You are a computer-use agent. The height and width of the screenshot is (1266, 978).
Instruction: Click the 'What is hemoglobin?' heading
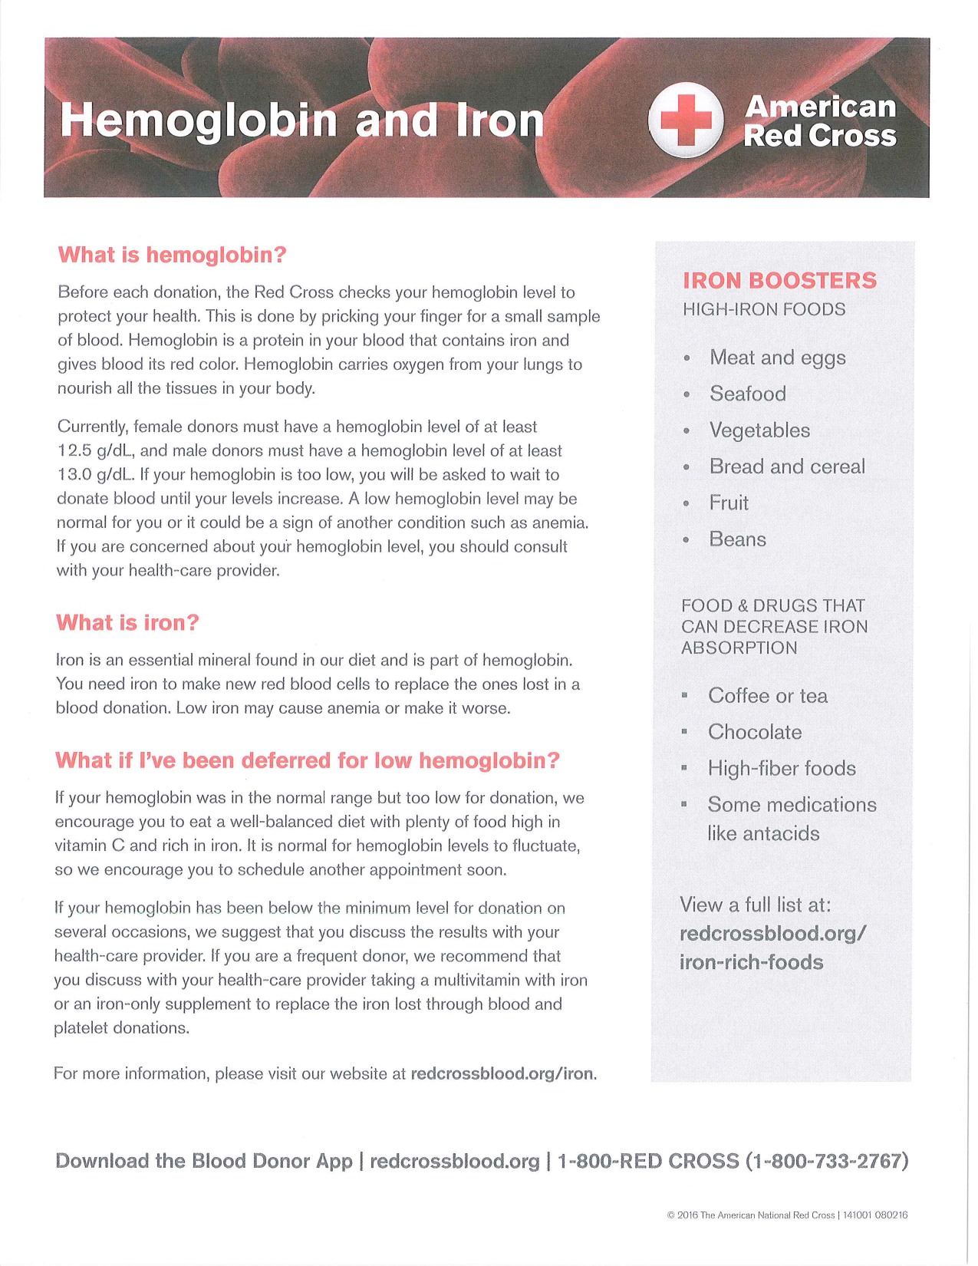tap(172, 255)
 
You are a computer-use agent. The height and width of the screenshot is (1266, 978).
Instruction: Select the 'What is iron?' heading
tap(127, 622)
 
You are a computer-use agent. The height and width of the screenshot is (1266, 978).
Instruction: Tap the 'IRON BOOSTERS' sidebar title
tap(779, 281)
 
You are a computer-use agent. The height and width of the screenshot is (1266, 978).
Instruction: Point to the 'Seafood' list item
tap(748, 394)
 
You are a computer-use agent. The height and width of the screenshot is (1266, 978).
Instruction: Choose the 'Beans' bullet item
tap(737, 539)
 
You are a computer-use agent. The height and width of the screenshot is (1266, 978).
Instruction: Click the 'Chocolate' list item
tap(755, 732)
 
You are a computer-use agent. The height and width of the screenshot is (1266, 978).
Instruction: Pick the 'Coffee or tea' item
tap(768, 696)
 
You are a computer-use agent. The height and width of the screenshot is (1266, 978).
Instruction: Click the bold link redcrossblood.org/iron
tap(502, 1073)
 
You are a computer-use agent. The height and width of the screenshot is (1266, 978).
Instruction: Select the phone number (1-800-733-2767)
tap(827, 1161)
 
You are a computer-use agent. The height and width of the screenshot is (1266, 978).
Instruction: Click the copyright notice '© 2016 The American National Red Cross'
tap(751, 1215)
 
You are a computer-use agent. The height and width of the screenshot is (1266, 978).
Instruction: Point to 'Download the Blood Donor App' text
tap(204, 1161)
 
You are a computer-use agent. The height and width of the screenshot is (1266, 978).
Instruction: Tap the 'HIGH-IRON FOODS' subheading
tap(764, 310)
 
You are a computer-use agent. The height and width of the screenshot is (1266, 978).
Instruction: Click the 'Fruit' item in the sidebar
tap(729, 503)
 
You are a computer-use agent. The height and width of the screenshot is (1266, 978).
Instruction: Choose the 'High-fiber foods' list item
tap(782, 769)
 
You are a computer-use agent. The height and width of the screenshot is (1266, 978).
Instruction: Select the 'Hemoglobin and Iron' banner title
tap(302, 121)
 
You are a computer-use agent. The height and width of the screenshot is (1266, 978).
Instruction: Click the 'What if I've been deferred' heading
tap(307, 760)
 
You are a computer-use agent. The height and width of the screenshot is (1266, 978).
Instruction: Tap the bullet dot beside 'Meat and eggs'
tap(687, 359)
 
